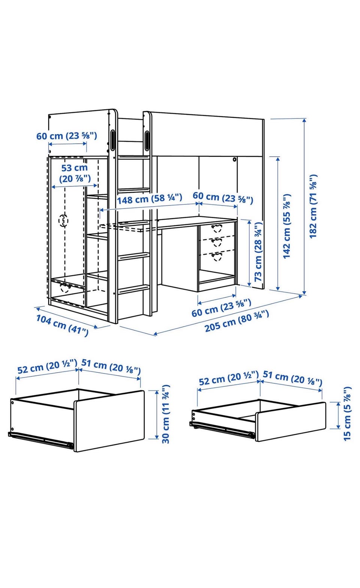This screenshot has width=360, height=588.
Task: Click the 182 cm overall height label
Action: coord(313,206)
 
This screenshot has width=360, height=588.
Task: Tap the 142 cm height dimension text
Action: coord(287,226)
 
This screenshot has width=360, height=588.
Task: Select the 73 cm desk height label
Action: coord(258,252)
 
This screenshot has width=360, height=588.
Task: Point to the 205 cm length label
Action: coord(237,321)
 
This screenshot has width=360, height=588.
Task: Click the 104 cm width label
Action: coord(62,325)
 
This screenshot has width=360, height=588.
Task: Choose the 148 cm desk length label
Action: coord(149,199)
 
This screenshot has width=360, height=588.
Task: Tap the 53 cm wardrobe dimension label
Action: coord(75,173)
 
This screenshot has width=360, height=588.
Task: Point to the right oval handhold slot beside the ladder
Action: coord(147,141)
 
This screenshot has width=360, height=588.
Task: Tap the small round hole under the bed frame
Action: coord(234,159)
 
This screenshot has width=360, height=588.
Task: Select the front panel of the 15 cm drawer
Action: coord(291,422)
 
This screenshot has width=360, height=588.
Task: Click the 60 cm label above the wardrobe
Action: coord(67,136)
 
